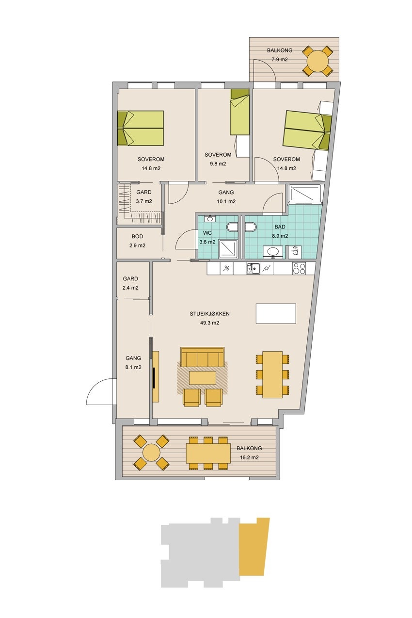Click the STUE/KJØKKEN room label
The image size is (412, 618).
[x=209, y=314]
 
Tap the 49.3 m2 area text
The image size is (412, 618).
[x=209, y=323]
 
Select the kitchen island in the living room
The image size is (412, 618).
[x=276, y=313]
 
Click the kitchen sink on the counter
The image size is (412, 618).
[x=253, y=268]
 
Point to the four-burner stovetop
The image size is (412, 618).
[x=299, y=268]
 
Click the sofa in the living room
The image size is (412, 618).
[x=202, y=357]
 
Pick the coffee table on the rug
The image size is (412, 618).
[x=202, y=377]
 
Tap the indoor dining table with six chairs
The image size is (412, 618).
[x=272, y=374]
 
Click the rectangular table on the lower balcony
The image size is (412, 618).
[x=208, y=453]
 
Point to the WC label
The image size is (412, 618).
[x=207, y=233]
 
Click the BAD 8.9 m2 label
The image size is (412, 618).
[x=280, y=231]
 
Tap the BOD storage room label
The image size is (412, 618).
[x=137, y=236]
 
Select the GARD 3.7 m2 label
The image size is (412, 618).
[x=144, y=197]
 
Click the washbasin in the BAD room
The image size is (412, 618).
[x=273, y=252]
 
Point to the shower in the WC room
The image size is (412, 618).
[x=228, y=249]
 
